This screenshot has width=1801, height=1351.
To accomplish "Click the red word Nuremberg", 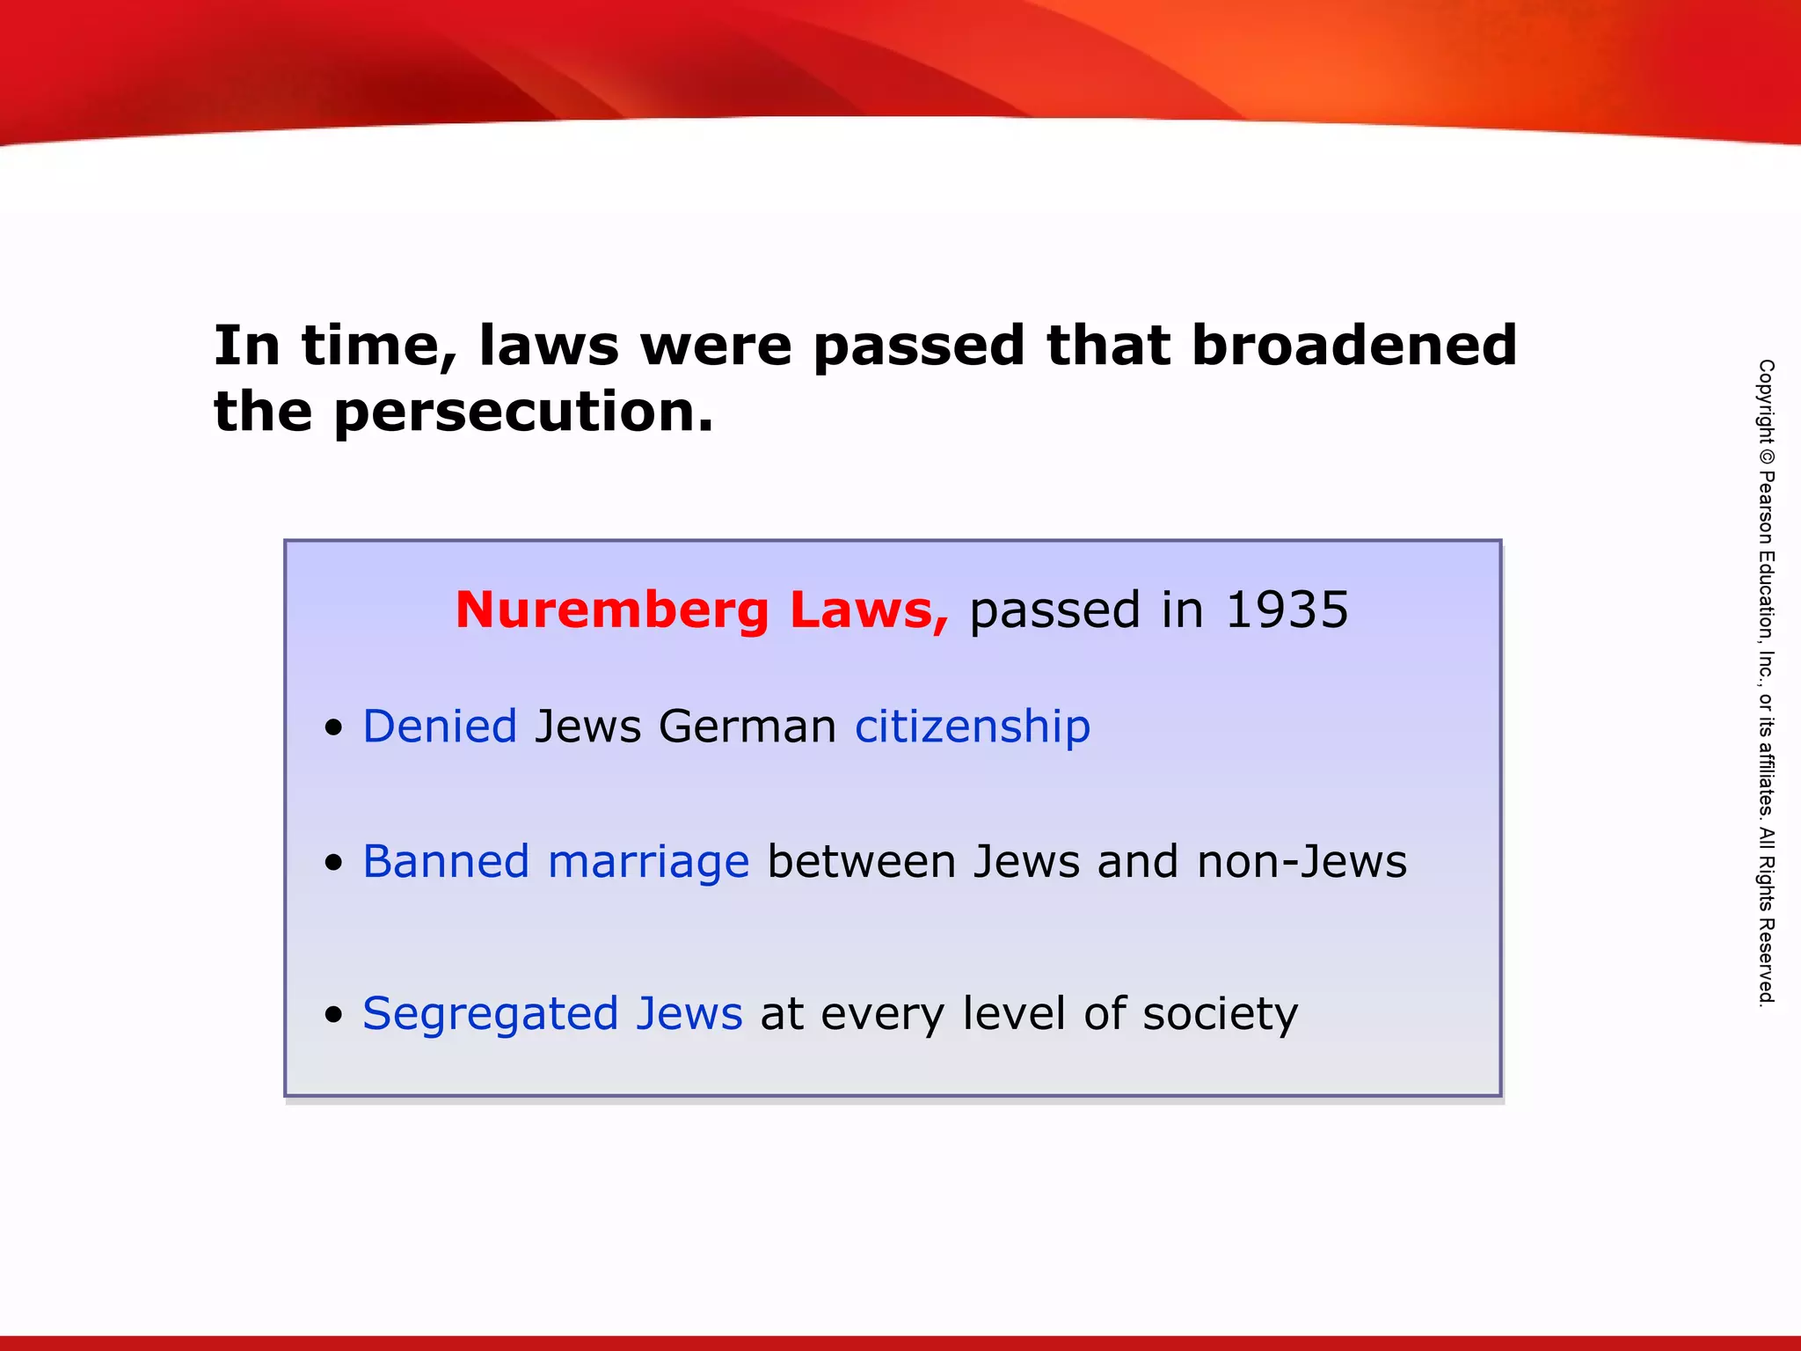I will click(x=612, y=610).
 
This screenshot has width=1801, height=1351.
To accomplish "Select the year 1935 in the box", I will click(x=1287, y=610).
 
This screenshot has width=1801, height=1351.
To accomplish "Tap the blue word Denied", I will click(x=440, y=727).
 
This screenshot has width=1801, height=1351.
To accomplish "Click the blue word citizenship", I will click(x=973, y=727).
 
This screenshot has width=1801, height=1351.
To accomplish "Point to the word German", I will click(x=747, y=727).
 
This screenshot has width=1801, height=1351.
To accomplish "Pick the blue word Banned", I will click(x=446, y=862).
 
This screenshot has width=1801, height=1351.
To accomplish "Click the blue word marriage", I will click(x=648, y=862).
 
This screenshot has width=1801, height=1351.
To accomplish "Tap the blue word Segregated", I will click(x=490, y=1014).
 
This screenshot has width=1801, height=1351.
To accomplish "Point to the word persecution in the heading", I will click(x=523, y=412).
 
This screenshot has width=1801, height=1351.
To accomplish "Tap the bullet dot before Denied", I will click(x=332, y=729).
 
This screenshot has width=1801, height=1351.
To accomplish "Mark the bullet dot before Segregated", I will click(x=332, y=1016).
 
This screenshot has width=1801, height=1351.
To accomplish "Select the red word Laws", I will click(x=869, y=610).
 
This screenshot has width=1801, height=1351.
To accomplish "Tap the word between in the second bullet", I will click(x=861, y=862).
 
